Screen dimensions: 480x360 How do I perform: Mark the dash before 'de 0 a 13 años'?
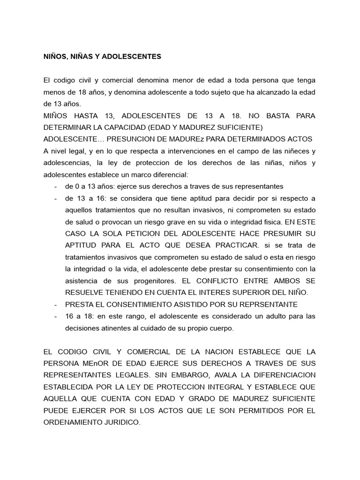pyautogui.click(x=56, y=187)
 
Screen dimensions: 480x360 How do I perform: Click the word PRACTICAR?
pyautogui.click(x=232, y=245)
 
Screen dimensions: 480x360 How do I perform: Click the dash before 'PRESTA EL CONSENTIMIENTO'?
pyautogui.click(x=56, y=304)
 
